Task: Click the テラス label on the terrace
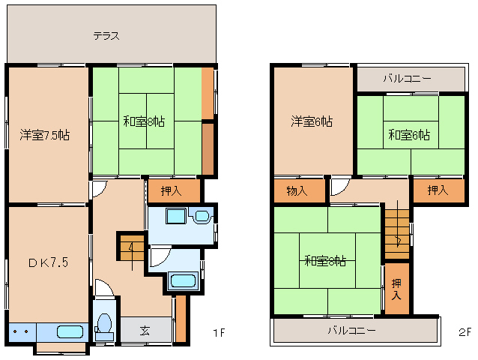coord(106,35)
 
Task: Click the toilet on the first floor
coord(104,324)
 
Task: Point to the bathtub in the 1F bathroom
coord(183,281)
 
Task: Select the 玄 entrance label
coord(145,330)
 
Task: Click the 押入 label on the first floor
coord(172,191)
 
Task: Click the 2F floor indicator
coord(463,331)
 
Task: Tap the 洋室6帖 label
coord(312,121)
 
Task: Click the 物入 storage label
coord(297,191)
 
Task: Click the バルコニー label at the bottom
coord(351,330)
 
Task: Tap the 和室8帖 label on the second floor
coord(325,261)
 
